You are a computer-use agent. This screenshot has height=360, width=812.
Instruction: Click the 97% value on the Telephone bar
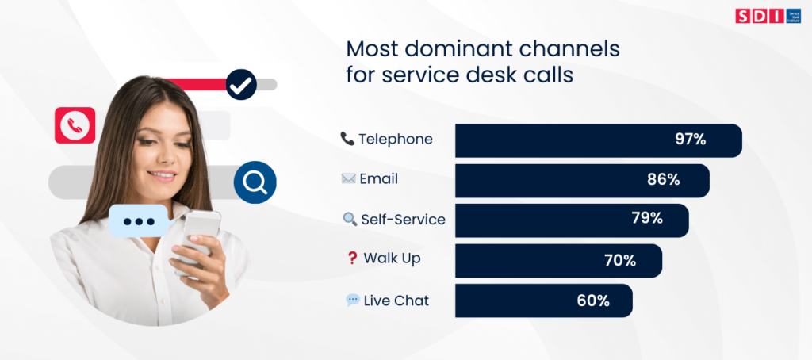[690, 140]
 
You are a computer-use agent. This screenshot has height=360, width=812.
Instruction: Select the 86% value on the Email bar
[663, 180]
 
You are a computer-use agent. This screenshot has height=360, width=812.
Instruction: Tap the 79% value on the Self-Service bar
[645, 219]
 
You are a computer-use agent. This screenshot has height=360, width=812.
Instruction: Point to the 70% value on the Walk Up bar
[619, 260]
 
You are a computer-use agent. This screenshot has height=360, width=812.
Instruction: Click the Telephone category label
[395, 140]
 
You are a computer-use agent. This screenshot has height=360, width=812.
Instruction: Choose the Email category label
[378, 179]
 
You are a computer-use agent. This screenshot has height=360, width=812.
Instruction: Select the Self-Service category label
[403, 220]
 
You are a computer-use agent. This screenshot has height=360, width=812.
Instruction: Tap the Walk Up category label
[392, 259]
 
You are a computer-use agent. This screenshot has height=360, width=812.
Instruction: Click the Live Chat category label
[396, 301]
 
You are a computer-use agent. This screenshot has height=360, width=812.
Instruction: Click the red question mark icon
[352, 259]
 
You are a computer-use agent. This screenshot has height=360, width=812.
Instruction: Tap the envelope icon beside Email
[347, 179]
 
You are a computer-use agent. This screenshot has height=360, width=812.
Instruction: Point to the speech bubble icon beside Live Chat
[352, 301]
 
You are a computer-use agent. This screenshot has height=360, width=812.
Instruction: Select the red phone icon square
[75, 125]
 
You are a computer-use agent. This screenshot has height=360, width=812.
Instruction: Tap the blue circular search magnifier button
[255, 182]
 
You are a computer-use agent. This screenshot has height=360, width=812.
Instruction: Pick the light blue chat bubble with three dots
[138, 220]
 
